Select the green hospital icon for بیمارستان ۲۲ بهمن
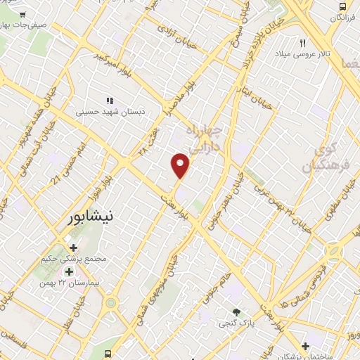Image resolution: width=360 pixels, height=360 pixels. coord(69,271)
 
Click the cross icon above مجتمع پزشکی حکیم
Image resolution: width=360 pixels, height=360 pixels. coord(73,247)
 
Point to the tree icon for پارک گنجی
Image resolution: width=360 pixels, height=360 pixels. coord(237,312)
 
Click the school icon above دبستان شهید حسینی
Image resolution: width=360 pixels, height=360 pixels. coord(109,100)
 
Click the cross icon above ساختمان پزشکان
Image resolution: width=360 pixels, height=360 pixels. coord(304,346)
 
